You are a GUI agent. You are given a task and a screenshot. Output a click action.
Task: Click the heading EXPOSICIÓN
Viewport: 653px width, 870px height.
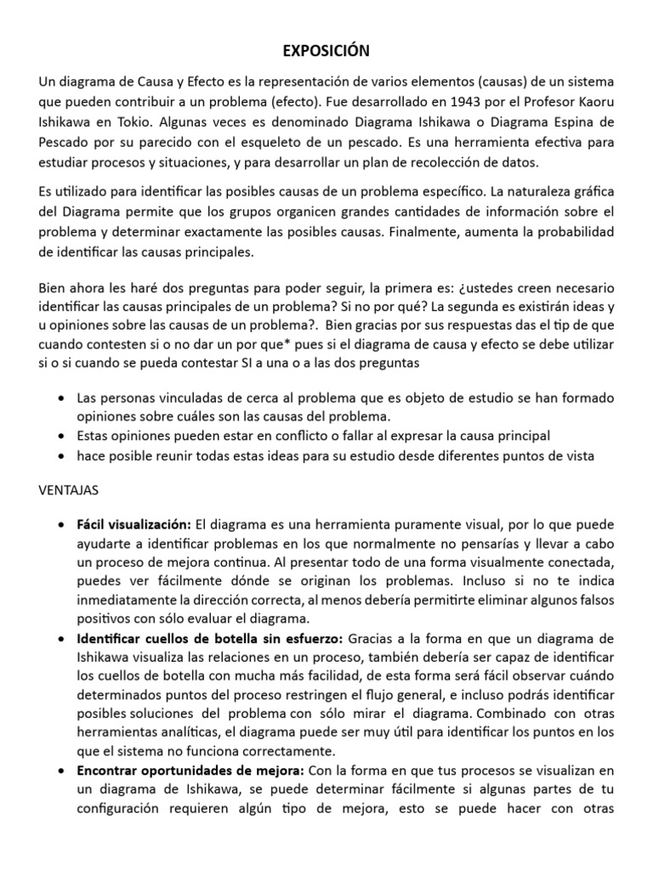(x=326, y=53)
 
